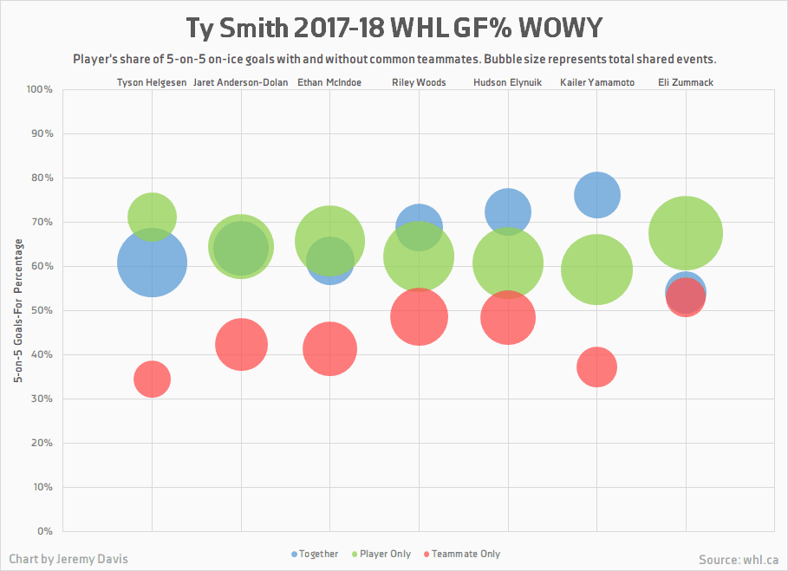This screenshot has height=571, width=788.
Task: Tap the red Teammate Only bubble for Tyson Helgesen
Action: pos(152,379)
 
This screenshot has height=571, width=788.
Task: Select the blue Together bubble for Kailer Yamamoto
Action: pos(596,194)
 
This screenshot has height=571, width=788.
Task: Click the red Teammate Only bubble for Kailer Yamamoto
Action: pos(596,367)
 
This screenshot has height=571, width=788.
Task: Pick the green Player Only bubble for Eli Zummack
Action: pos(686,233)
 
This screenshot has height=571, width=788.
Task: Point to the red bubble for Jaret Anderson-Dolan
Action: pos(241,344)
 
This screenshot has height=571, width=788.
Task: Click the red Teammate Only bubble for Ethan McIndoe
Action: pos(330,349)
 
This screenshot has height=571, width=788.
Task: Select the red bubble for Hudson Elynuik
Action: pos(507,318)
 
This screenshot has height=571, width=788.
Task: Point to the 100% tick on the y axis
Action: pos(40,89)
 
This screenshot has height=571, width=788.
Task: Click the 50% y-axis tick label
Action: pos(42,310)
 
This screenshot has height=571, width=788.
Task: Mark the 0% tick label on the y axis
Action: pos(44,531)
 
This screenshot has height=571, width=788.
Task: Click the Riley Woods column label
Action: pos(419,82)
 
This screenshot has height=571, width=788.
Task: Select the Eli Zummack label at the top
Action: pos(686,82)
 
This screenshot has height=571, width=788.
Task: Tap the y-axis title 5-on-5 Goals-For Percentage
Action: pos(16,310)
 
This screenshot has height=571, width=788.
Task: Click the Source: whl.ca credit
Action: pos(738,560)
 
